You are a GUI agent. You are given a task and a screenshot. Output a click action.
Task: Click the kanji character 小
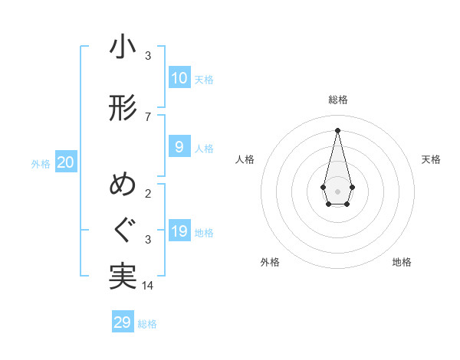pyautogui.click(x=123, y=47)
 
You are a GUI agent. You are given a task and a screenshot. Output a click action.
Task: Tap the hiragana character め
pyautogui.click(x=123, y=186)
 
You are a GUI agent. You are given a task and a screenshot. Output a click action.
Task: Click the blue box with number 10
pyautogui.click(x=179, y=78)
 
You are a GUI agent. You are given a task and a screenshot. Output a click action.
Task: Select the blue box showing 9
pyautogui.click(x=179, y=147)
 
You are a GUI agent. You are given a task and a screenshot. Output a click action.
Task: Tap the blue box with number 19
pyautogui.click(x=179, y=231)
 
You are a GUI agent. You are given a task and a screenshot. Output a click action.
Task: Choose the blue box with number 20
pyautogui.click(x=65, y=162)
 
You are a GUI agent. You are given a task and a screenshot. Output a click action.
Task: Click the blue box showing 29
pyautogui.click(x=123, y=322)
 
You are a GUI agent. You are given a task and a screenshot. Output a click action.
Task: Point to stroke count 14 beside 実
pyautogui.click(x=148, y=285)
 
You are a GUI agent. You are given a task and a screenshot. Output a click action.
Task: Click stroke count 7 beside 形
pyautogui.click(x=148, y=116)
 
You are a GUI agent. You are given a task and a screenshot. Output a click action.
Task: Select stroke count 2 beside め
pyautogui.click(x=148, y=193)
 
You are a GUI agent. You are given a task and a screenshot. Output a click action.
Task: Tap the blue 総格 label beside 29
pyautogui.click(x=147, y=324)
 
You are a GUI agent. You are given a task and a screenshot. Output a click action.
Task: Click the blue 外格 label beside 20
pyautogui.click(x=41, y=163)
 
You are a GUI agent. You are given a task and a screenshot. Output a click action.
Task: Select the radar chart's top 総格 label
pyautogui.click(x=337, y=100)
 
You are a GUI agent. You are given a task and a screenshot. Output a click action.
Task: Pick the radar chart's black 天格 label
pyautogui.click(x=431, y=159)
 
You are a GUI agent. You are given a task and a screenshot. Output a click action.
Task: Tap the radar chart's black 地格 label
pyautogui.click(x=402, y=262)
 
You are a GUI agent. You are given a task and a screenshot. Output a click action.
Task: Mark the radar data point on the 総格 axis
pyautogui.click(x=337, y=130)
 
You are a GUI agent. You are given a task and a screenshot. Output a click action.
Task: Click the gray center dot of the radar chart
pyautogui.click(x=337, y=190)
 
